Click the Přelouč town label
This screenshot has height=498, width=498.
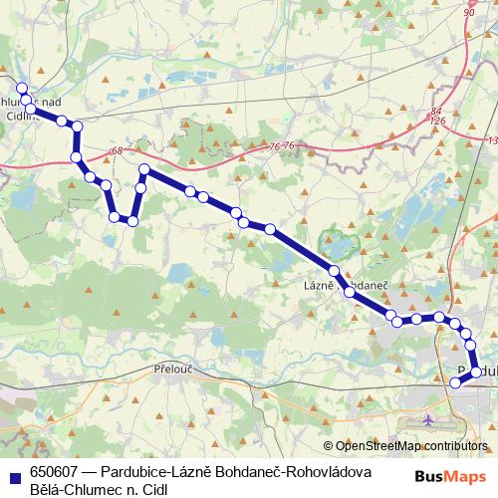tap(175, 369)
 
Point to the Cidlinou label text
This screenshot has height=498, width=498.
tap(19, 116)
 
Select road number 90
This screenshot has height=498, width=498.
tap(469, 12)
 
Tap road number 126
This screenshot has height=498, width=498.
tap(436, 121)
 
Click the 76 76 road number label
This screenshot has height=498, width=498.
tap(282, 146)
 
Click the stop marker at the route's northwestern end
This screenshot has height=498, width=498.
tap(22, 88)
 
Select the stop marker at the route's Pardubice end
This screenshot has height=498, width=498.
tap(456, 382)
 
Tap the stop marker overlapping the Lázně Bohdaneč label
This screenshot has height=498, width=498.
tap(349, 293)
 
